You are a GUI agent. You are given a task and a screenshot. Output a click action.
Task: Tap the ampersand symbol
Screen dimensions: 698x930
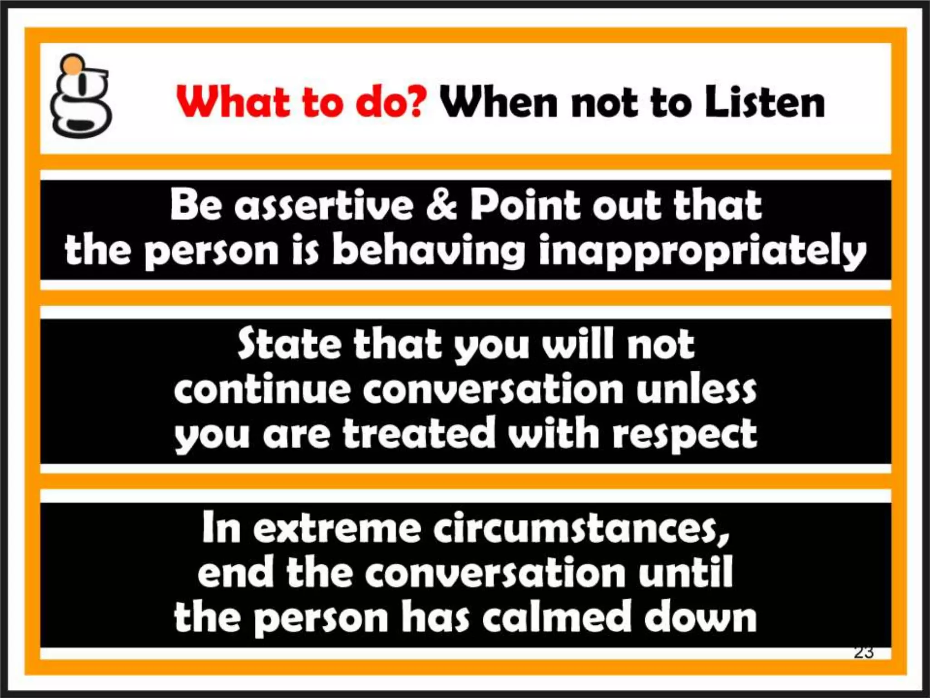coord(441,205)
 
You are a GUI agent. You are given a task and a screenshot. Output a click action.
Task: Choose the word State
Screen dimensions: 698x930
coord(289,344)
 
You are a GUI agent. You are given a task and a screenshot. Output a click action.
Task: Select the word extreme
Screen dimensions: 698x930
coord(336,528)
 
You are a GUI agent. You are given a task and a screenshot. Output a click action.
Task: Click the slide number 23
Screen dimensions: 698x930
coord(863,653)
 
